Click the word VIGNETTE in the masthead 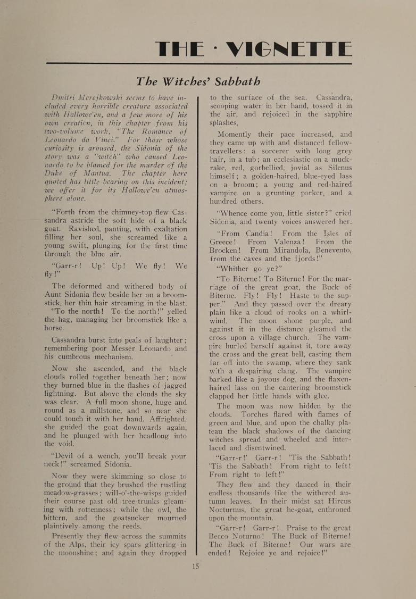click(x=289, y=50)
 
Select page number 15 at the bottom click(x=195, y=565)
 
